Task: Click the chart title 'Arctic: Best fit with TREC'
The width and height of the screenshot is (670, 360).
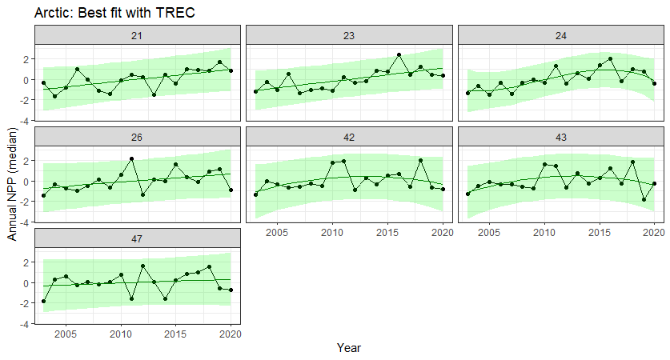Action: click(115, 14)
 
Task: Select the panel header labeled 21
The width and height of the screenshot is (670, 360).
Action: click(138, 36)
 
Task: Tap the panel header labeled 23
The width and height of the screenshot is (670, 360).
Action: click(349, 36)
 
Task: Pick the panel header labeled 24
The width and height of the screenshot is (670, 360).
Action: click(560, 36)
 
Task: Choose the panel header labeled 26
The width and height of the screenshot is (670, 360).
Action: click(138, 138)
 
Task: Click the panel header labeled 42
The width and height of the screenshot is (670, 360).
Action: click(349, 138)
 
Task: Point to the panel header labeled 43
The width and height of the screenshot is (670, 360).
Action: click(560, 138)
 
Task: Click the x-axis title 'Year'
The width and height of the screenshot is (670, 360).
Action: click(349, 348)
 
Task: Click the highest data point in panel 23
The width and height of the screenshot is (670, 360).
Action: click(399, 55)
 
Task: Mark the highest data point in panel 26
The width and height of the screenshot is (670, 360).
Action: click(131, 159)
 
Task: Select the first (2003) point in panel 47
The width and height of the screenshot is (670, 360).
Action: click(44, 302)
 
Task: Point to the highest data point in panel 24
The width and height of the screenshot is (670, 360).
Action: click(611, 58)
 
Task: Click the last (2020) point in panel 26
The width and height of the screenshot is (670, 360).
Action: click(231, 190)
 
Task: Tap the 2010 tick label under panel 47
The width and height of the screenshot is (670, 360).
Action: click(121, 334)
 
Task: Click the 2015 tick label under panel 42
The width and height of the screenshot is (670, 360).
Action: click(387, 232)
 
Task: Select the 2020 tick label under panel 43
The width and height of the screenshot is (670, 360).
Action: click(653, 232)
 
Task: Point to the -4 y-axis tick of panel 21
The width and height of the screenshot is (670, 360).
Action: click(26, 121)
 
